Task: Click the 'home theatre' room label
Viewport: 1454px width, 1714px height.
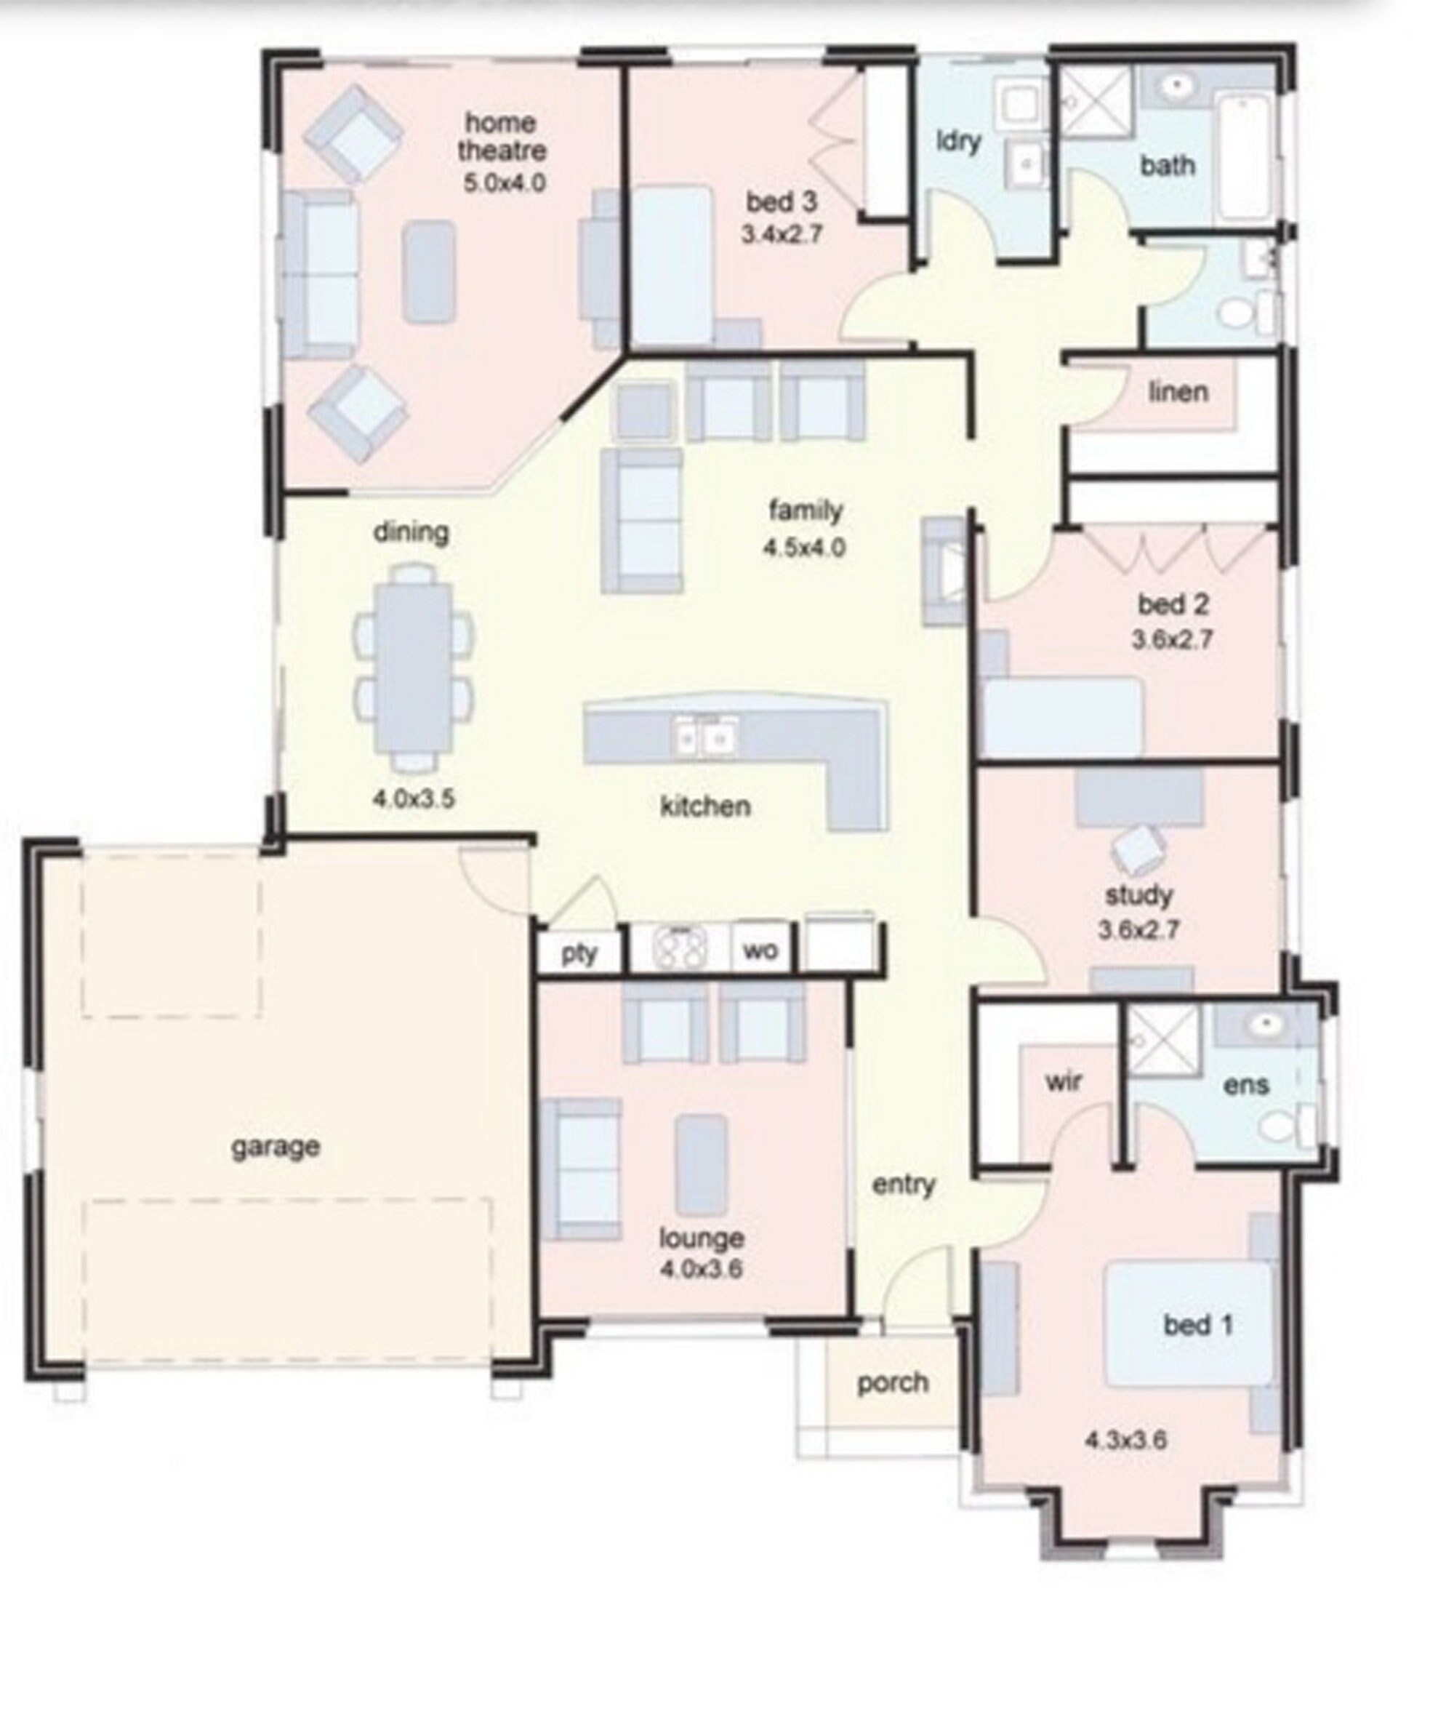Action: (501, 137)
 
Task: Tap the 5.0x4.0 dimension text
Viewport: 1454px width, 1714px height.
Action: (504, 183)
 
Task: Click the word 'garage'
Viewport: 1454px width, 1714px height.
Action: (276, 1146)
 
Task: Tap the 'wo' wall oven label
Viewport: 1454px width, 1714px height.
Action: (759, 950)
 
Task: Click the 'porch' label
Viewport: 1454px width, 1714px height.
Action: (893, 1382)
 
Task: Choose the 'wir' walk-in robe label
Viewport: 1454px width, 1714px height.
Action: (1064, 1081)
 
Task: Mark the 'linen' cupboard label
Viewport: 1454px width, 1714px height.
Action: (1178, 393)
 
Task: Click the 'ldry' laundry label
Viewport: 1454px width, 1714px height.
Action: (959, 141)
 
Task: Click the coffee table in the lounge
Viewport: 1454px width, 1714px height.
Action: (701, 1165)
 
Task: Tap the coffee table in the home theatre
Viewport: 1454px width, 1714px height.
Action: (429, 271)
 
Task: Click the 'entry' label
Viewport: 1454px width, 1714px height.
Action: (904, 1185)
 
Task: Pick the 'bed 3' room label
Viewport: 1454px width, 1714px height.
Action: (782, 202)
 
